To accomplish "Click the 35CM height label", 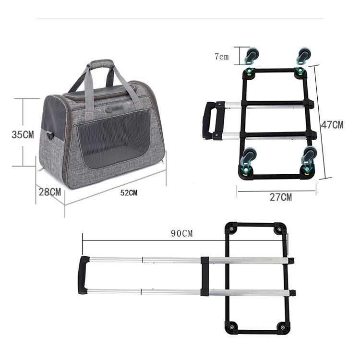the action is tap(23, 134).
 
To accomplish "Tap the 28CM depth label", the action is tap(50, 192).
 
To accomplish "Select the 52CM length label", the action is tap(129, 193).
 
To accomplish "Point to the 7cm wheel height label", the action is tap(222, 57).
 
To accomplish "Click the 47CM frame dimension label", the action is tap(332, 125).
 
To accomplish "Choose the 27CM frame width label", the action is tap(281, 197).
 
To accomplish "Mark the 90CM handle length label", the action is tap(181, 233).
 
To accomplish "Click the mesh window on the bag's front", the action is tap(113, 139).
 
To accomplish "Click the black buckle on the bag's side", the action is tap(50, 135).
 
